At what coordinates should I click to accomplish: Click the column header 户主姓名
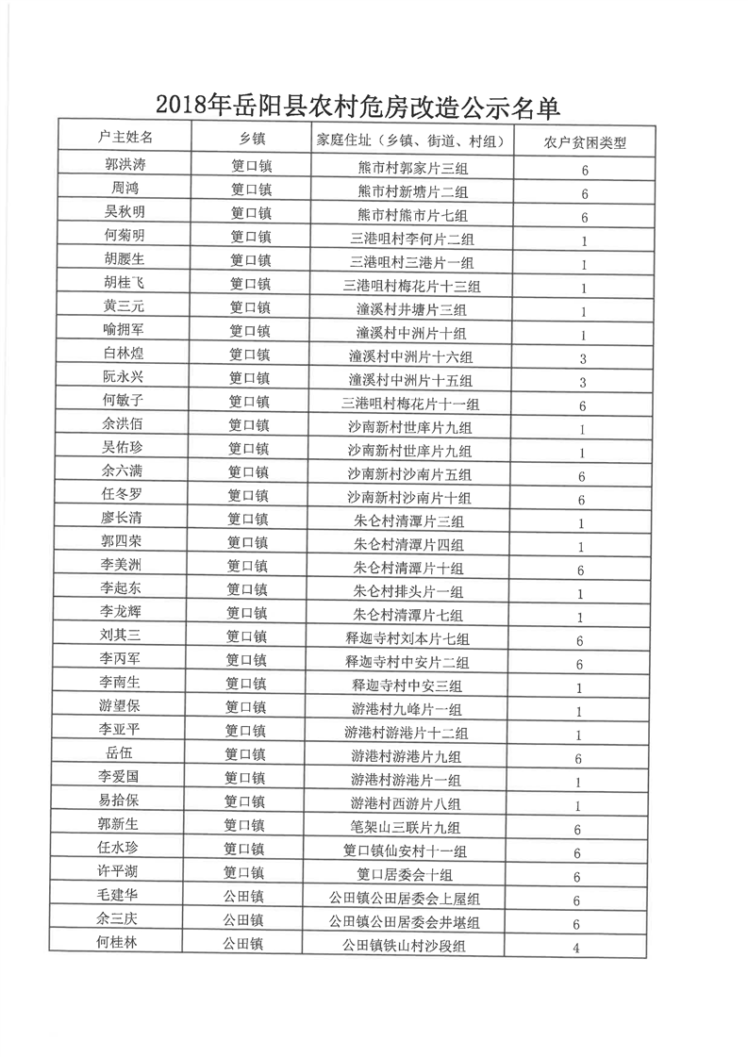125,138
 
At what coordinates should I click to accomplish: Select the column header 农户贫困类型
585,142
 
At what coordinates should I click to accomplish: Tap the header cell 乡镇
251,140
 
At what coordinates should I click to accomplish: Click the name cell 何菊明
125,235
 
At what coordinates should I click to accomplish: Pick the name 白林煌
124,355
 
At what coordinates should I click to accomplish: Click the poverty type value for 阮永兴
583,382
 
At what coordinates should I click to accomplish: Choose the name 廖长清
123,518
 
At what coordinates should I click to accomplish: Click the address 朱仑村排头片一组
408,592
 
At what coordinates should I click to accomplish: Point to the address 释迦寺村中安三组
407,686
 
